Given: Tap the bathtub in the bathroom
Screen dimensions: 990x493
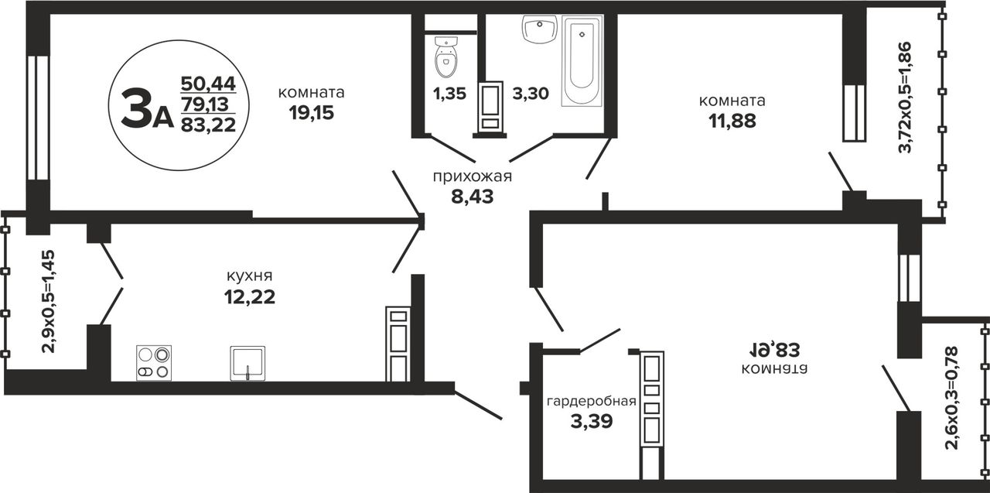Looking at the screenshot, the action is tap(582, 60).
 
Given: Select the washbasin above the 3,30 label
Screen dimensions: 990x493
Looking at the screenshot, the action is tap(539, 29).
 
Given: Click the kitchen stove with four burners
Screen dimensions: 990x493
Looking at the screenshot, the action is tap(154, 363).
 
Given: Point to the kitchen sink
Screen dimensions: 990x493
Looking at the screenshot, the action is tap(247, 363).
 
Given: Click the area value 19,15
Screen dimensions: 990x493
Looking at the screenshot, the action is tap(312, 114).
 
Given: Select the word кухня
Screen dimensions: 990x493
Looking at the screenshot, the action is tap(249, 276).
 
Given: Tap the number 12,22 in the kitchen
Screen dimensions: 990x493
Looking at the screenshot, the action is tap(250, 296).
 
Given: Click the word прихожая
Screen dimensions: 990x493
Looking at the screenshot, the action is tap(472, 176).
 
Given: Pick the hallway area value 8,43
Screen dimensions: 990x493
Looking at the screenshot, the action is tap(472, 197).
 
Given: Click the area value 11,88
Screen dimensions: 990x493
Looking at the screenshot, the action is tap(732, 121).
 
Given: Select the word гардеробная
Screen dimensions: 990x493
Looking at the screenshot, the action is tap(592, 402).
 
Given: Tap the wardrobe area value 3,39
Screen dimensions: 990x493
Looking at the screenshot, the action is tap(592, 421).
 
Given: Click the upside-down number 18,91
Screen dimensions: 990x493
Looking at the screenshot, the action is tap(775, 349).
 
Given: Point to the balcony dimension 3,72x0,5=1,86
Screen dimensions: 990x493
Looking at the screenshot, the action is tap(905, 97).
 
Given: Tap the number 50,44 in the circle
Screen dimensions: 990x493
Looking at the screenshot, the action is tap(208, 83).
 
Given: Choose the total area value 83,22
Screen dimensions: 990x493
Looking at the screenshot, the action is tap(208, 125).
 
